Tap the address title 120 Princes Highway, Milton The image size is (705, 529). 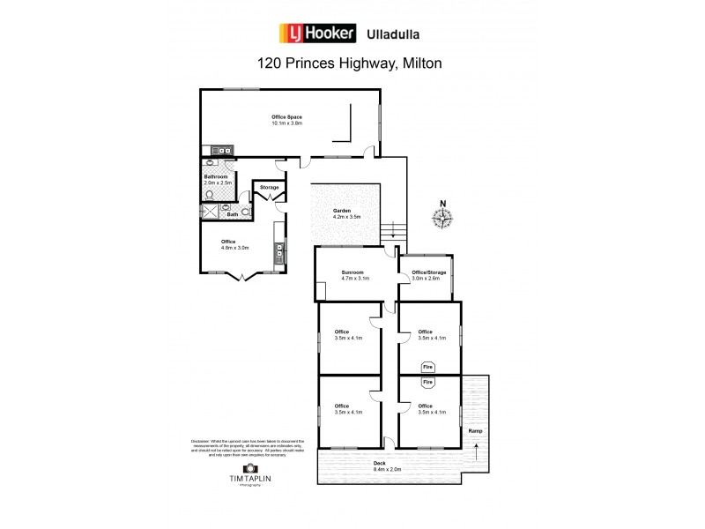[349, 63]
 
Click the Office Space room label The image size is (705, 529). [286, 116]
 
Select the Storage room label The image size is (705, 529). [270, 188]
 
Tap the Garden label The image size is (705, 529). [342, 212]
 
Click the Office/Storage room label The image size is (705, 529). [429, 272]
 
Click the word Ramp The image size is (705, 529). [476, 431]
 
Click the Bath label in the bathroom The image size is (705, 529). [233, 214]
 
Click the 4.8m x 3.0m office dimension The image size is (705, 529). [235, 248]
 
